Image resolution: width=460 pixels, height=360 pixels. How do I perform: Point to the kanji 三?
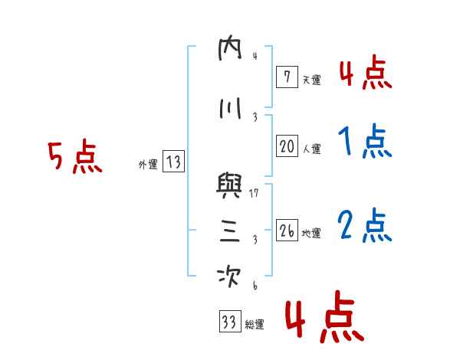(x=230, y=232)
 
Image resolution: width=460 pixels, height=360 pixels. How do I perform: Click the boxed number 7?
(x=286, y=77)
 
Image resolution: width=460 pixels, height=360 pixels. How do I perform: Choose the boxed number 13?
(x=173, y=162)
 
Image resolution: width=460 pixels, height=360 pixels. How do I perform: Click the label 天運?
(x=310, y=79)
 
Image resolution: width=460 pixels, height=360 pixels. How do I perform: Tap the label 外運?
(x=147, y=164)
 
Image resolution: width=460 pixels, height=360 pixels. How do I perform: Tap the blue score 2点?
(x=364, y=225)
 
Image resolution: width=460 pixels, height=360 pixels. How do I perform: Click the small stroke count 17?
(x=255, y=193)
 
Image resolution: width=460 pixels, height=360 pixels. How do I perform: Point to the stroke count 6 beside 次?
(x=254, y=286)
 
